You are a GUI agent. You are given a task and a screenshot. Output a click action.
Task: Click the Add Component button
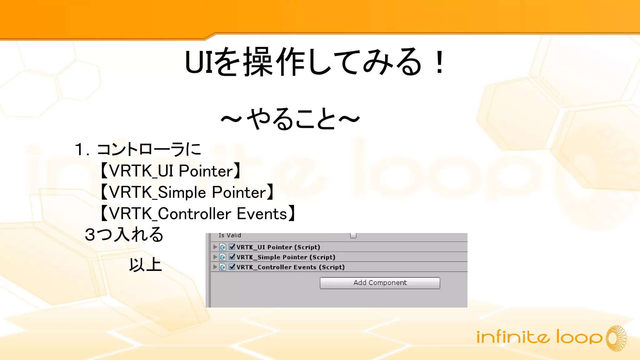coord(380,283)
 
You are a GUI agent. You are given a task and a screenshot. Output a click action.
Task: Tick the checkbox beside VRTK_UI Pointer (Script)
coord(232,247)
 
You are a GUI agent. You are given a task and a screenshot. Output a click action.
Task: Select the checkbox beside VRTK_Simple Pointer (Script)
coord(232,257)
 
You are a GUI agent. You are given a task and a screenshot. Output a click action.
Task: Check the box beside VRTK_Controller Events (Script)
coord(232,267)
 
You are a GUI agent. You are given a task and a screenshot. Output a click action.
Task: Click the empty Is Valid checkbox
coord(353,235)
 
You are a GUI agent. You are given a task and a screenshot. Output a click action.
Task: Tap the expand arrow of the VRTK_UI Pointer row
coord(215,247)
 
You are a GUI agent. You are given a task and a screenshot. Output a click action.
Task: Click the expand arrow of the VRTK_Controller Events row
coord(215,267)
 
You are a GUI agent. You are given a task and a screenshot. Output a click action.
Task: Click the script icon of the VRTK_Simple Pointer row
coord(222,257)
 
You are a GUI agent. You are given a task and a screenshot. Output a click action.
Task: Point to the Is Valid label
coord(230,235)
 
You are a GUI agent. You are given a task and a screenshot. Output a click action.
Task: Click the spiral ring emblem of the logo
coord(616,338)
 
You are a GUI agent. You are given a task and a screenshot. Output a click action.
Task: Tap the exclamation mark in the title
coord(440,62)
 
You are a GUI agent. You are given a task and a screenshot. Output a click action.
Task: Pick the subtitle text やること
coord(291,119)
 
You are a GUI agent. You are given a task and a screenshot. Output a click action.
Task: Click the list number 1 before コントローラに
coord(79,149)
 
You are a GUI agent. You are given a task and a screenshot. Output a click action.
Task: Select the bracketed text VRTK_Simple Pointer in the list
coord(187,192)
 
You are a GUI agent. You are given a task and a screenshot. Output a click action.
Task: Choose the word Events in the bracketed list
coord(262,214)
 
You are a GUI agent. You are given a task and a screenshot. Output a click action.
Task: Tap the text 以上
coord(145,265)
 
